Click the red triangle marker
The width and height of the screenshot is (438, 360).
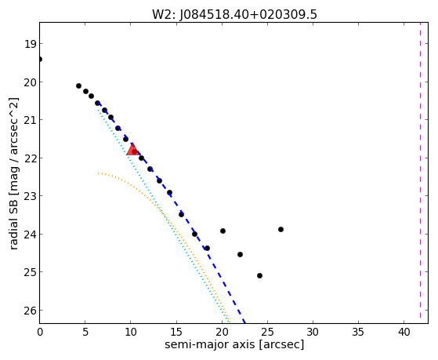coord(132,150)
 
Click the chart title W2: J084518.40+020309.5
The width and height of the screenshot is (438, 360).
coord(234,15)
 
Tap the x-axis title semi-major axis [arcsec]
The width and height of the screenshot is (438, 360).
coord(234,344)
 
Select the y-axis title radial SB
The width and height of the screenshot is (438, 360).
coord(13,223)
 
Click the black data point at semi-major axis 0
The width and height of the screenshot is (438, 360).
coord(40,60)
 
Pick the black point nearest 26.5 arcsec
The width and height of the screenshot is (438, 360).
coord(281,229)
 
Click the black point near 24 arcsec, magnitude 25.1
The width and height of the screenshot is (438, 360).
coord(259,275)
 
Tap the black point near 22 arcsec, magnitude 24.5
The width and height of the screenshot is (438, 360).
coord(240,255)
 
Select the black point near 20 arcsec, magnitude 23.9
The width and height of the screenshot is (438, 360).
coord(223,231)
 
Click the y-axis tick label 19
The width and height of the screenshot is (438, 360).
coord(29,44)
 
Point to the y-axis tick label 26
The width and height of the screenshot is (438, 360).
coord(29,311)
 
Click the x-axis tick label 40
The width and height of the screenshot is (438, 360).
coord(404,332)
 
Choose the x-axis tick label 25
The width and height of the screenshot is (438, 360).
coord(268,332)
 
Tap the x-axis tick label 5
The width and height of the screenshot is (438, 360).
coord(85,332)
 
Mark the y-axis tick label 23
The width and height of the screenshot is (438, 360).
coord(29,196)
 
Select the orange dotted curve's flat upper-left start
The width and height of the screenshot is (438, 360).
coord(99,173)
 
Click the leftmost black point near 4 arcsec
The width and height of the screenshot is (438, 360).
coord(79,85)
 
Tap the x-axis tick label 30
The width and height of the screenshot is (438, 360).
coord(313,332)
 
